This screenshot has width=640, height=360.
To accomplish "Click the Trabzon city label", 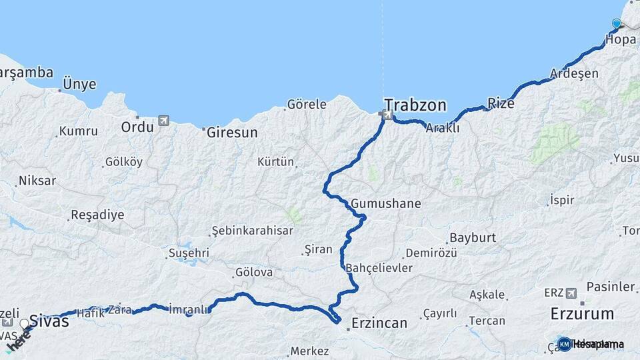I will click(x=415, y=105).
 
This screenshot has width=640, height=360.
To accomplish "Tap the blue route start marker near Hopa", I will click(x=616, y=24).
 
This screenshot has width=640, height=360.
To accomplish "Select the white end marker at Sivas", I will click(x=25, y=324).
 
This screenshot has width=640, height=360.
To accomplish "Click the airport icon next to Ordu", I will click(x=163, y=121).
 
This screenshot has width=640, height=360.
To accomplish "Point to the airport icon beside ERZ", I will click(x=571, y=293).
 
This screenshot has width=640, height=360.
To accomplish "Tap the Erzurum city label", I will click(x=582, y=313).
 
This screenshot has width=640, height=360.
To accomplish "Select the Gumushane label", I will click(x=386, y=203).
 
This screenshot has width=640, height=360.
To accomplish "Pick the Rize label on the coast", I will click(x=501, y=103).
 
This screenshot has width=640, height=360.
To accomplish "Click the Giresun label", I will click(x=232, y=132).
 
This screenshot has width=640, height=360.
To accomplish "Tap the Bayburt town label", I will click(x=473, y=237).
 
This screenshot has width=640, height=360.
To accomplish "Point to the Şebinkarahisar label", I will click(x=252, y=230).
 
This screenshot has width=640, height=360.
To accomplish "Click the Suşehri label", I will click(x=189, y=253).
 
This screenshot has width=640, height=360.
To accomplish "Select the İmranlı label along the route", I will click(x=189, y=309).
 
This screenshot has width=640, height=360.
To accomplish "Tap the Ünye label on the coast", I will click(x=79, y=85).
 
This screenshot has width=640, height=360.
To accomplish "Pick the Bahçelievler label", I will click(x=379, y=268).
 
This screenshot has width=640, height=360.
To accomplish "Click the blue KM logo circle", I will click(x=564, y=344).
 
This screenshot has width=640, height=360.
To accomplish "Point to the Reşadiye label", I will click(x=97, y=215).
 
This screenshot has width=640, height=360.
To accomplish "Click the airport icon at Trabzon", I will click(x=387, y=115).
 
